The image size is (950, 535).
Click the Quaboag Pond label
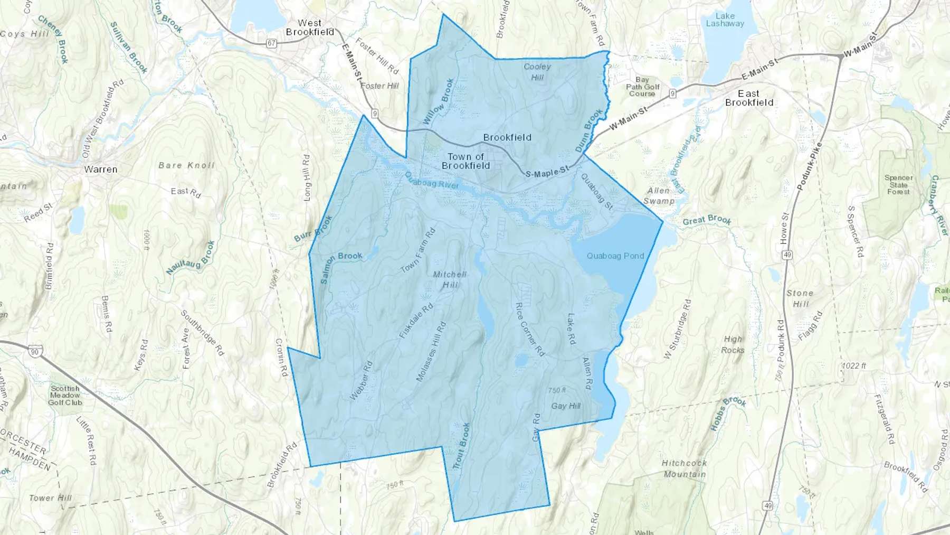pos(615,256)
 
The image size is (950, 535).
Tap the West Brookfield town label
pos(310,27)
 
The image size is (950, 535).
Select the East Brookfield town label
pos(749,98)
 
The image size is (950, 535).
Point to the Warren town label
pos(101,170)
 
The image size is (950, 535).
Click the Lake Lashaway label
pos(725,20)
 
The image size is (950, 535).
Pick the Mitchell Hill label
pos(450,279)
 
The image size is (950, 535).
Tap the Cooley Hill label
pos(537,72)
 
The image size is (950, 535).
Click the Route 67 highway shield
pos(271,43)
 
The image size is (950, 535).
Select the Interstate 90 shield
pos(35,352)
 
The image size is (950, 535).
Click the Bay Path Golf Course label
pos(642,87)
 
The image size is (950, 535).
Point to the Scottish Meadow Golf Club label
pos(65,395)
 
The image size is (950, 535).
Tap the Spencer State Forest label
pos(898,185)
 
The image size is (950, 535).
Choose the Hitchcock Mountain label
pos(685,468)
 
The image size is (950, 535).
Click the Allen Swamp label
pos(659,195)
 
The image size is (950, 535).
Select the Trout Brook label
pos(461,446)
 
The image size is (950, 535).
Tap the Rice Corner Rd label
pos(529,329)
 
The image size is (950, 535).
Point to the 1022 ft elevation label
pos(854,365)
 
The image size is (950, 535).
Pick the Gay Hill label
pos(566,406)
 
